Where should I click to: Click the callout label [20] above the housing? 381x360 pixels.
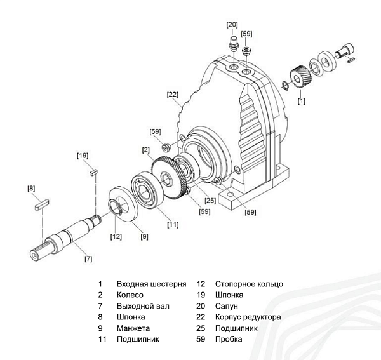[x=232, y=25]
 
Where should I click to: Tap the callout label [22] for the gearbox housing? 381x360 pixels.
[x=173, y=95]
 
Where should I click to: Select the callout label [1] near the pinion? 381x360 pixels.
[x=301, y=100]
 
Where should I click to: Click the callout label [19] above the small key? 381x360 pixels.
[x=83, y=154]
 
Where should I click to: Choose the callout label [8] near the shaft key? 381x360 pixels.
[x=31, y=188]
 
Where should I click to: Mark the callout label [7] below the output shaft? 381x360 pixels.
[x=88, y=258]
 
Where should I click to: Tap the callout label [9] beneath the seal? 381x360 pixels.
[x=145, y=237]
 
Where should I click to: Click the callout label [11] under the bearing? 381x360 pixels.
[x=173, y=223]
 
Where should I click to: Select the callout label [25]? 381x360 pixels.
[x=210, y=201]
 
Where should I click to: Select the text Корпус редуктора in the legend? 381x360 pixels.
[x=248, y=317]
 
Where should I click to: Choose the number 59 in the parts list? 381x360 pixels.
[x=201, y=339]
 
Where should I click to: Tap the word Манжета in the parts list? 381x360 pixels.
[x=133, y=328]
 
